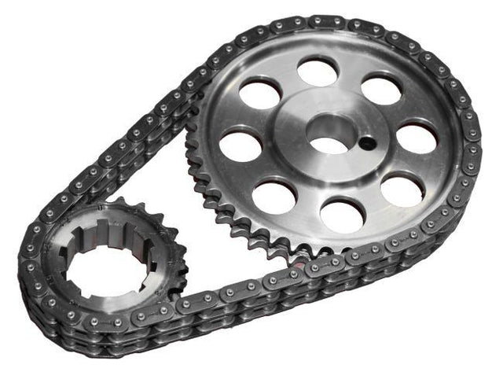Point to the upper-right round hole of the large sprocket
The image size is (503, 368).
(380, 88)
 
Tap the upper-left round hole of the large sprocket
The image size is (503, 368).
(260, 95)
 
